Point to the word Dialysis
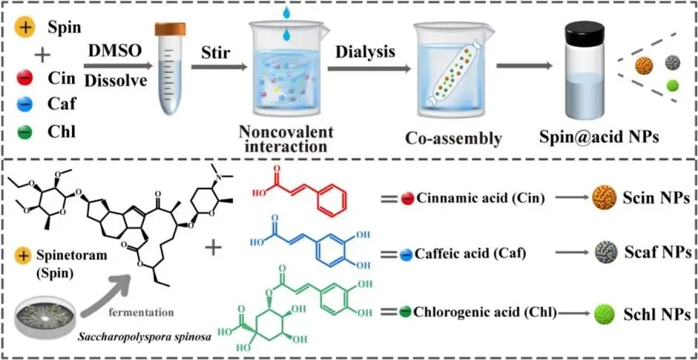click(x=366, y=52)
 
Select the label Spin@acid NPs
click(x=612, y=137)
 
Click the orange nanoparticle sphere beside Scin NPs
click(x=604, y=197)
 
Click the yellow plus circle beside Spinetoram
click(x=22, y=256)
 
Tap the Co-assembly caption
click(x=453, y=138)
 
